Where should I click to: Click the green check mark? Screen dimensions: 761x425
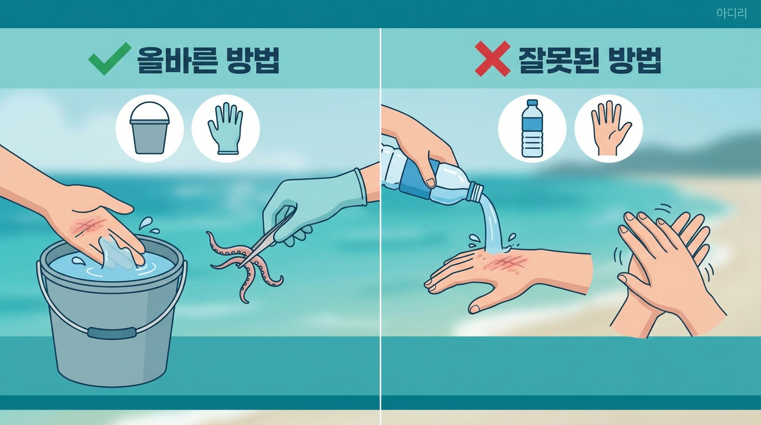(110, 59)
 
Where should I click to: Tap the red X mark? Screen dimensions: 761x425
(492, 59)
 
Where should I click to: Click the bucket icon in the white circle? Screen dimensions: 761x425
(149, 128)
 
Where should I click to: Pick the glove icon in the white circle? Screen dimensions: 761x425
(225, 129)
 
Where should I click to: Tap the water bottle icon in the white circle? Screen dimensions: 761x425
(532, 128)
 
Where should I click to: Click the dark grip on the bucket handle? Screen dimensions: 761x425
(111, 333)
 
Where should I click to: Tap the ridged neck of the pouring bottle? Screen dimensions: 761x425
(475, 191)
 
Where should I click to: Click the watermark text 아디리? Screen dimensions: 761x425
(732, 14)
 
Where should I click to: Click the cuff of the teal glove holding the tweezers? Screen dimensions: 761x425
(360, 186)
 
